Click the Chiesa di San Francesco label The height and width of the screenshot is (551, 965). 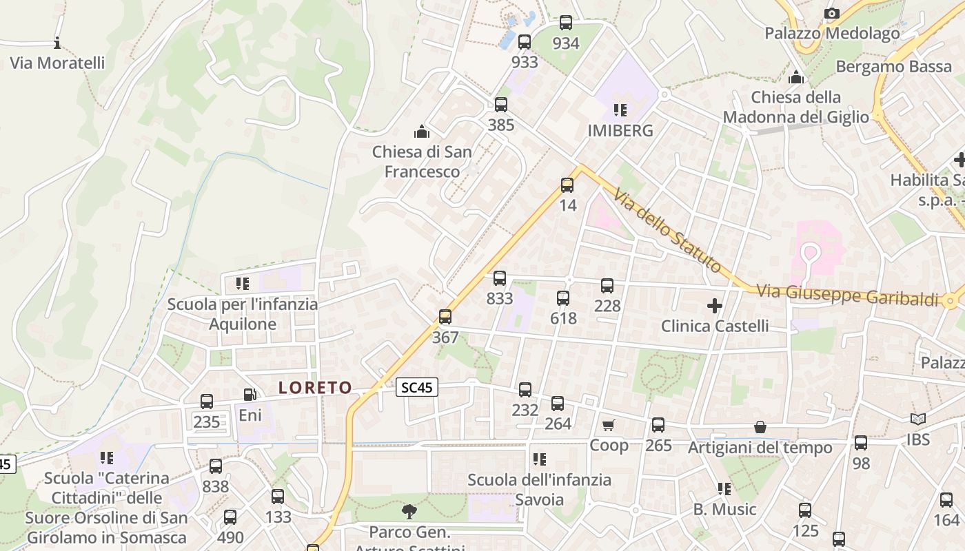pyautogui.click(x=422, y=161)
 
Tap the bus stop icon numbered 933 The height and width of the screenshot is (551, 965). pyautogui.click(x=525, y=42)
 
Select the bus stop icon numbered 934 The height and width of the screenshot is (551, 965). pyautogui.click(x=566, y=23)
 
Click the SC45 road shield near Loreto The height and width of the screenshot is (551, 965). pyautogui.click(x=417, y=387)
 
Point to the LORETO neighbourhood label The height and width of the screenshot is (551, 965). pyautogui.click(x=315, y=388)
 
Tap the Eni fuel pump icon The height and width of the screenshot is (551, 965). pyautogui.click(x=250, y=395)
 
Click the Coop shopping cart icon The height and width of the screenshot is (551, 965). pyautogui.click(x=608, y=425)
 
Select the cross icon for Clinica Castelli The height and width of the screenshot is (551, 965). pyautogui.click(x=715, y=305)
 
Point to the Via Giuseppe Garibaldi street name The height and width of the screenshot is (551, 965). pyautogui.click(x=847, y=295)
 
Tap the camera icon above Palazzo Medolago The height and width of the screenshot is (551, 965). pyautogui.click(x=832, y=13)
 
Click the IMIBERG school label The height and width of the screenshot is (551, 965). pyautogui.click(x=620, y=130)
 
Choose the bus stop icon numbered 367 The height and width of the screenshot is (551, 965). pyautogui.click(x=445, y=317)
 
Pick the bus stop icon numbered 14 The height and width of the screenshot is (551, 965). pyautogui.click(x=567, y=185)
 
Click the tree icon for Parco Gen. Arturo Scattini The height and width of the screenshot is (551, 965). pyautogui.click(x=409, y=511)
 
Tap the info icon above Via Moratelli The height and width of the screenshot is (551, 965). pyautogui.click(x=57, y=43)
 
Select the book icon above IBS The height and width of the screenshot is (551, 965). pyautogui.click(x=917, y=419)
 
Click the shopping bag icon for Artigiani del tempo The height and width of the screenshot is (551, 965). pyautogui.click(x=760, y=428)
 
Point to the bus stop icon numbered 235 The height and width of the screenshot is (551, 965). pyautogui.click(x=207, y=402)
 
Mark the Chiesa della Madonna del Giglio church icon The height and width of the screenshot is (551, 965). pyautogui.click(x=796, y=76)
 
